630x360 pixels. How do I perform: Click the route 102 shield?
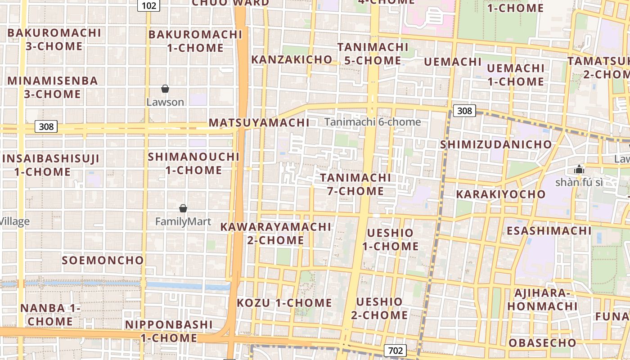point(148,5)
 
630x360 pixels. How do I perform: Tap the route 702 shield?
point(396,351)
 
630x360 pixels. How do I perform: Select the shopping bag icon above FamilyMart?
point(183,208)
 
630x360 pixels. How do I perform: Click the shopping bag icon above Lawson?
point(165,89)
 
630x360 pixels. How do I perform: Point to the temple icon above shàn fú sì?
point(579,170)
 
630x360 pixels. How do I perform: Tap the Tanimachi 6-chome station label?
point(373,122)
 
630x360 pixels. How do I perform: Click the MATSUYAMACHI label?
point(259,122)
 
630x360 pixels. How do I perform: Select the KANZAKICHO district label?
point(292,59)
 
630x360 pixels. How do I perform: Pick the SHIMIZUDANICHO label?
point(495,144)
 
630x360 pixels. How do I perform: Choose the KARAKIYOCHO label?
point(501,194)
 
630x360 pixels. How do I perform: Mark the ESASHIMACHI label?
point(549,231)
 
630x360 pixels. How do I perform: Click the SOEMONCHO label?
point(103,260)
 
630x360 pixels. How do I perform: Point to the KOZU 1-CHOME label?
point(284,303)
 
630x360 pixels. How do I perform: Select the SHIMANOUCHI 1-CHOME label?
point(193,163)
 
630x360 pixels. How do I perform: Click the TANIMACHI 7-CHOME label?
point(355,184)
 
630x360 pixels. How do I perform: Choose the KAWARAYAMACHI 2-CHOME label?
point(275,233)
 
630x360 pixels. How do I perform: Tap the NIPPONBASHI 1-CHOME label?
point(169,331)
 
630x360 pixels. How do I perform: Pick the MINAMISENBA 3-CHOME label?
point(53,87)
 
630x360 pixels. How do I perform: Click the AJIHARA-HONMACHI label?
point(542,300)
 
